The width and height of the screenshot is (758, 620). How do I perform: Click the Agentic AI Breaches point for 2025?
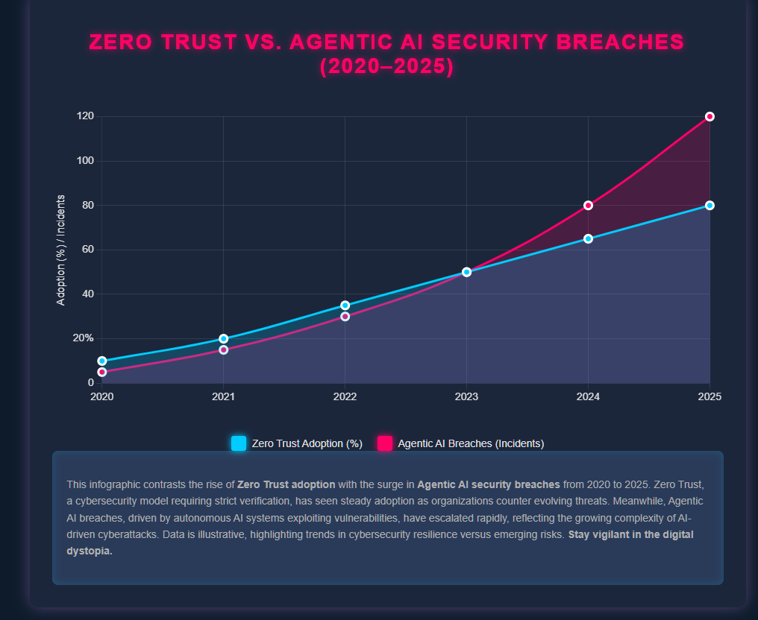(710, 116)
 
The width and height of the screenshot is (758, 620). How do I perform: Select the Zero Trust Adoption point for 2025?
(710, 205)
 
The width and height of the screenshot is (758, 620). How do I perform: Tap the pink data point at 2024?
(588, 205)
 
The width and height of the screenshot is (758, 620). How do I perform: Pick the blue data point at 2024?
(588, 238)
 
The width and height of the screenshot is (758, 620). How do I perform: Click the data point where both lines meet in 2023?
(466, 272)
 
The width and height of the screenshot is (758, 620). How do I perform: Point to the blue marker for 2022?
(345, 306)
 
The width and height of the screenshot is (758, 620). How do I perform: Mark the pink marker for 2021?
(223, 349)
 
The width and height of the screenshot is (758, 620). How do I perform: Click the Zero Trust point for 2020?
(101, 361)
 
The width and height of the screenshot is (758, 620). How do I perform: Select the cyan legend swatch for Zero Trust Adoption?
(239, 443)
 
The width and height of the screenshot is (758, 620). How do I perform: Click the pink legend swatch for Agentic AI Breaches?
(385, 443)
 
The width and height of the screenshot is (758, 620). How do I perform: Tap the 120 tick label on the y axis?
(84, 116)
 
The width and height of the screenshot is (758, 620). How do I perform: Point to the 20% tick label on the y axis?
(82, 338)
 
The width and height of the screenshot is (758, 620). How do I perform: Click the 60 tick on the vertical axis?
(87, 250)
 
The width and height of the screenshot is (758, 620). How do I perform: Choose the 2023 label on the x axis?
(466, 396)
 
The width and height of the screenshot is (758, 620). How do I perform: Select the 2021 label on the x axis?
(223, 396)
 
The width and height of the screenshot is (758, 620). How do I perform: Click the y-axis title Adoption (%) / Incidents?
(61, 250)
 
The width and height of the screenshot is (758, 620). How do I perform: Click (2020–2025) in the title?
(386, 66)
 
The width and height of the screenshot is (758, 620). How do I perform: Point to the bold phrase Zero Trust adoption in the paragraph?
(286, 484)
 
